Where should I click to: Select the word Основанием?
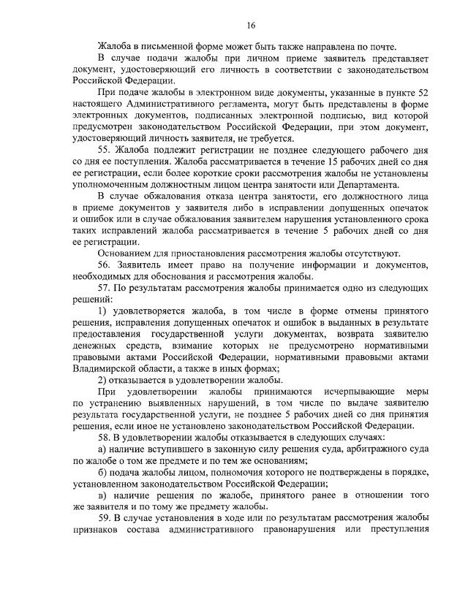126,253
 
